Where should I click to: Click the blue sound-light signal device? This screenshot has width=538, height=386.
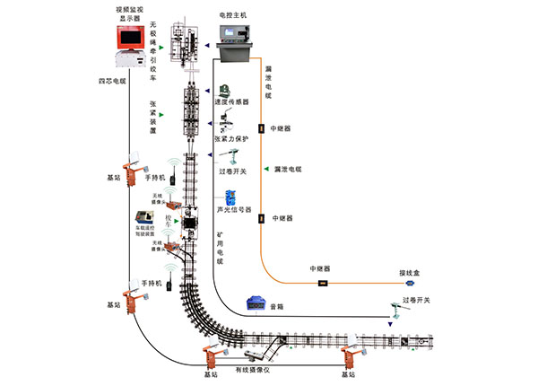click(230, 197)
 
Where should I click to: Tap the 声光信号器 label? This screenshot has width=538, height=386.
click(234, 211)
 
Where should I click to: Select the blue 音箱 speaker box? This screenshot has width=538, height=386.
click(256, 304)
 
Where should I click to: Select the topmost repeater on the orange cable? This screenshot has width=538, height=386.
click(262, 128)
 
